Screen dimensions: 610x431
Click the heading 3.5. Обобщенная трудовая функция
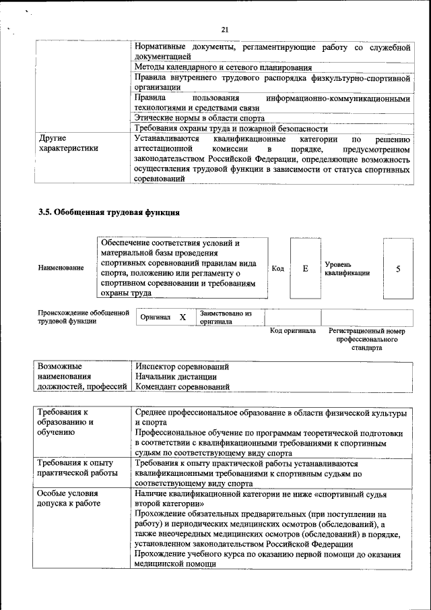pos(108,213)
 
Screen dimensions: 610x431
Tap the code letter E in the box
pos(305,269)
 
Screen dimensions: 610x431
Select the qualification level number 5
pos(398,269)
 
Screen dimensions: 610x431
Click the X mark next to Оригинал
pos(183,317)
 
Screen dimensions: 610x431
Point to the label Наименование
pos(61,268)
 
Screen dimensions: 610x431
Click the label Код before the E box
pos(277,269)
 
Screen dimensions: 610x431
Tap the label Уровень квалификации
pos(347,269)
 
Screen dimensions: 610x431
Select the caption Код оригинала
pos(293,331)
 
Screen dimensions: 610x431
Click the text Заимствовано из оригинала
pos(225,317)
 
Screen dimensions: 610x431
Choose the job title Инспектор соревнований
pos(182,367)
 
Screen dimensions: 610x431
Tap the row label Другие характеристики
pos(68,143)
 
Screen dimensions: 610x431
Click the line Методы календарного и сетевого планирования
pos(223,67)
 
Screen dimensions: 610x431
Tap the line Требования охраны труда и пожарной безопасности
pos(231,128)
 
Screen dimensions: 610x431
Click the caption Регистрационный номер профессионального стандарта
pos(367,340)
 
